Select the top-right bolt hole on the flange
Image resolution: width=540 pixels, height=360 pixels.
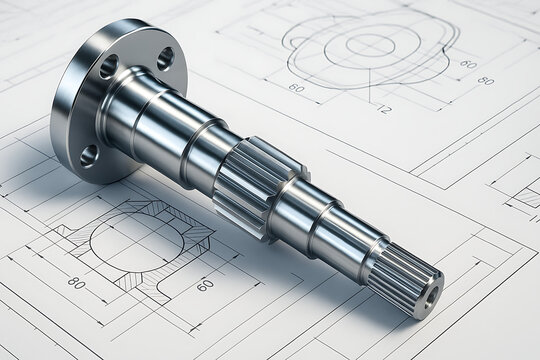pos(165,58)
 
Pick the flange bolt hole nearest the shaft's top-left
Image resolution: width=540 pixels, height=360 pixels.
pos(108,67)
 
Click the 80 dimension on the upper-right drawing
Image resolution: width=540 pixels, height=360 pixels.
pos(485,81)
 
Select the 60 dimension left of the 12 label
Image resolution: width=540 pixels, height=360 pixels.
pos(297,88)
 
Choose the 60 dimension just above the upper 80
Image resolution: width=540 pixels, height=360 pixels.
pos(467,63)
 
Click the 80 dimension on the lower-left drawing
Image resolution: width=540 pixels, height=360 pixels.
pos(76,283)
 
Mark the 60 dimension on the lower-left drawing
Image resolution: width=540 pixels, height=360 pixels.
pos(205,285)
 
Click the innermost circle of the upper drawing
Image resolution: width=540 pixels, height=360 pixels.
pos(370,44)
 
